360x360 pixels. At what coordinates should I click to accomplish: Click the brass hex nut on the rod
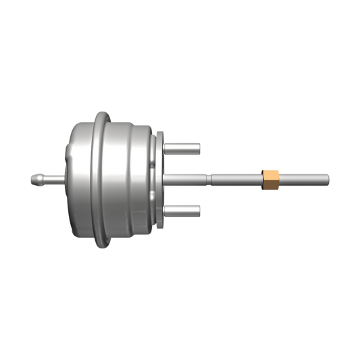coord(270,179)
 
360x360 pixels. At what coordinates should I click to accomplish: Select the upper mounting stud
coord(182,148)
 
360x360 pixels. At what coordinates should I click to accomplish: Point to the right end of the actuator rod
coord(328,179)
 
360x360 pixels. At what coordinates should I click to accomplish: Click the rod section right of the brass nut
coord(304,179)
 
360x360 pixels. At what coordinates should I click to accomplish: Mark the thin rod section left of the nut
coord(236,179)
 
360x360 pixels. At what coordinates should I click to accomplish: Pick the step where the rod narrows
coord(210,179)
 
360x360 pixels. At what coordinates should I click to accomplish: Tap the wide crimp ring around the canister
coord(101,179)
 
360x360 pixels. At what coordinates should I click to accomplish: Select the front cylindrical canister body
coord(132,179)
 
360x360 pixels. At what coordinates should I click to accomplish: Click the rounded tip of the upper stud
coord(200,148)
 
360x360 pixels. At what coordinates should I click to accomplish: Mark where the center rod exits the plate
coord(165,179)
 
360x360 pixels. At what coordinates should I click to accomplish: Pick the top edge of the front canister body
coord(132,124)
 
